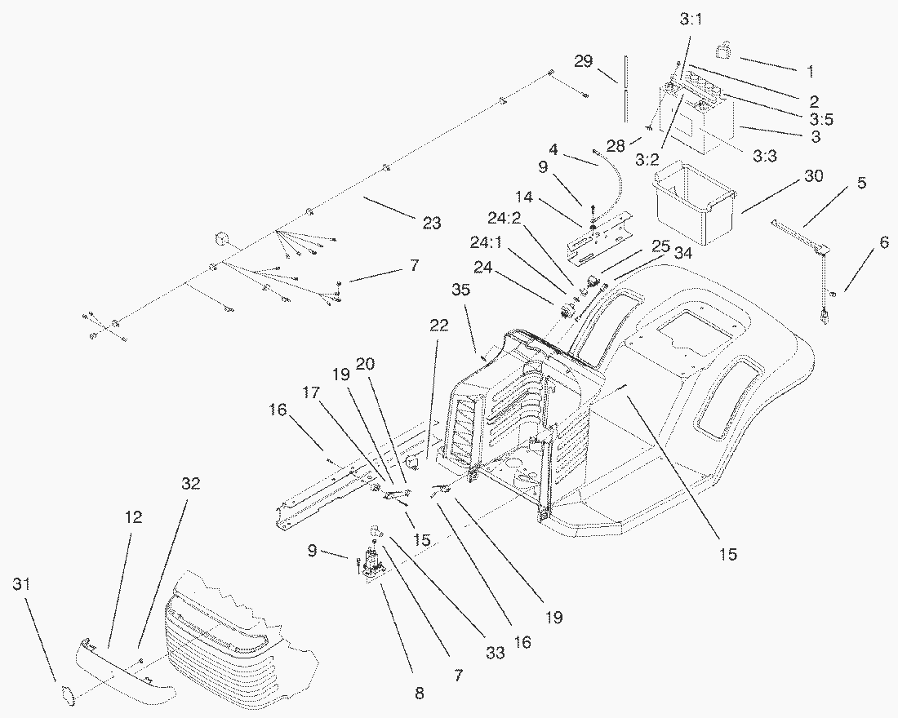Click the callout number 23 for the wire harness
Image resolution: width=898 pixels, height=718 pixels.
click(432, 222)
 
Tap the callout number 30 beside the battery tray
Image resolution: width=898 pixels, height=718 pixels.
click(814, 176)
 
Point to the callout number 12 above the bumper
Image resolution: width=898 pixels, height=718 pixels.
click(134, 516)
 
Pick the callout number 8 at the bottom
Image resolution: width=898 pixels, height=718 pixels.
click(420, 694)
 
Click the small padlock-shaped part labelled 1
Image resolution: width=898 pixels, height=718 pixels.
click(723, 51)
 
